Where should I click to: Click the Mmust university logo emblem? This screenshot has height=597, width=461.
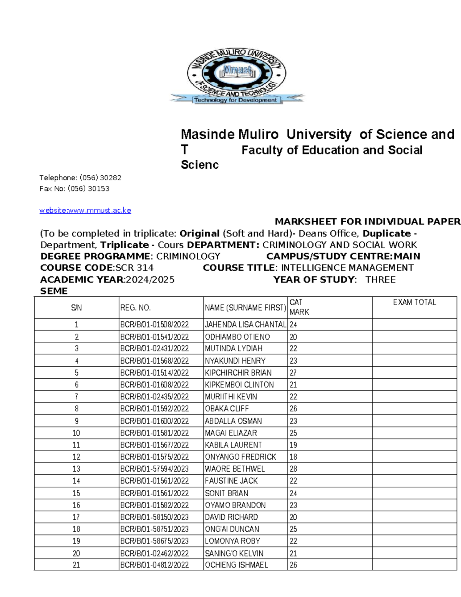click(237, 76)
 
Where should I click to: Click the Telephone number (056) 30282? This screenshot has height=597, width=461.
click(100, 178)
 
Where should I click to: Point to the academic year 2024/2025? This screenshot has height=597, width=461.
click(150, 279)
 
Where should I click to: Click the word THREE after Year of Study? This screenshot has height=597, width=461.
click(380, 279)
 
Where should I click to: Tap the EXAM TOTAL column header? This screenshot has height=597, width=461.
click(414, 303)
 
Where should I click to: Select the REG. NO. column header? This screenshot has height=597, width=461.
click(135, 308)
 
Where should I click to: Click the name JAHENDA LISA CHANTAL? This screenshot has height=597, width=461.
click(245, 324)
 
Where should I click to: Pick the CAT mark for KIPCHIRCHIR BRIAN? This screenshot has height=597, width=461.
click(293, 373)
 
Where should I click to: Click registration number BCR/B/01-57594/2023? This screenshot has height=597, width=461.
click(154, 469)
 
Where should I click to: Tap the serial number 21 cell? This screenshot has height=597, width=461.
click(76, 565)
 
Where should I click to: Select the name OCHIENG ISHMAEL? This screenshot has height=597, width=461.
click(236, 565)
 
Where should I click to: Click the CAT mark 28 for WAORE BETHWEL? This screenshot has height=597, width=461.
click(293, 469)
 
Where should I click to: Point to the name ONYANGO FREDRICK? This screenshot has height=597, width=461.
click(240, 457)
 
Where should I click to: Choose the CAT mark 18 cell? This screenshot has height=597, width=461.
click(293, 457)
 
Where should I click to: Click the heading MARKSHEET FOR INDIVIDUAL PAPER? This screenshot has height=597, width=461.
click(367, 221)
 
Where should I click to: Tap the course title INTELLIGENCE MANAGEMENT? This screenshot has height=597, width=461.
click(347, 268)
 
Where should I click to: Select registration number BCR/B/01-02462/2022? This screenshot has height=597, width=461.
click(154, 553)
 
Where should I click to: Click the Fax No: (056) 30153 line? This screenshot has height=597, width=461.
click(75, 189)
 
